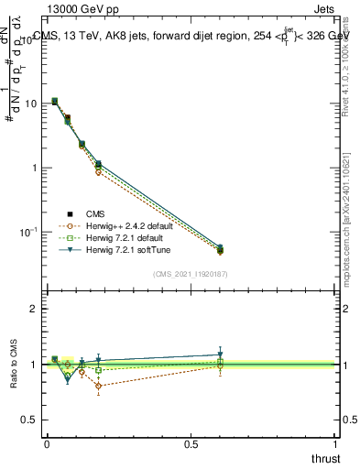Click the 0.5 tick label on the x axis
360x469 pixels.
pos(191,442)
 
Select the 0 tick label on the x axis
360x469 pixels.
pos(47,442)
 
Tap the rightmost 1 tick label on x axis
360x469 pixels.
pos(334,442)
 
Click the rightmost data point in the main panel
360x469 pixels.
pos(219,249)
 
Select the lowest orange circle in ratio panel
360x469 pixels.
pos(98,386)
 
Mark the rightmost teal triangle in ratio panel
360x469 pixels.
pos(219,354)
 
